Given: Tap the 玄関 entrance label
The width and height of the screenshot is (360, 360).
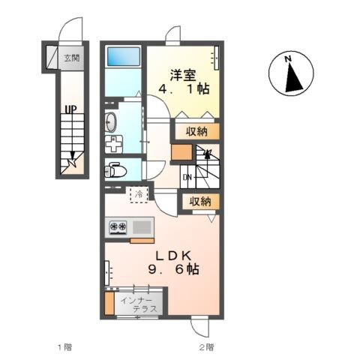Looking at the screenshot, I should tap(71, 57).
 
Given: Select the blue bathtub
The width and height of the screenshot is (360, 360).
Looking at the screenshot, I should tap(124, 57).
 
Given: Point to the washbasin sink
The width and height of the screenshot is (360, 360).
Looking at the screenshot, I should tap(111, 121).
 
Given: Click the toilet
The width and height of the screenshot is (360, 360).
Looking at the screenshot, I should tap(115, 168).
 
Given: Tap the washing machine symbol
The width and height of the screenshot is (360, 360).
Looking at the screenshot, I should tap(113, 144).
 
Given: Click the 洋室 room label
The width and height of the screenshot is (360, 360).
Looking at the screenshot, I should tap(182, 76).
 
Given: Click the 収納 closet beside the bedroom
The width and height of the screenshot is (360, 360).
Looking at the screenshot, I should tap(199, 131).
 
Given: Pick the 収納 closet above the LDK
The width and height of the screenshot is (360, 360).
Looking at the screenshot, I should tap(199, 201).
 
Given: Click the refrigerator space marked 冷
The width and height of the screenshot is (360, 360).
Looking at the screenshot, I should tap(139, 194).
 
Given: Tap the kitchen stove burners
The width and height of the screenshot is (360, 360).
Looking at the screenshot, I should tap(118, 226).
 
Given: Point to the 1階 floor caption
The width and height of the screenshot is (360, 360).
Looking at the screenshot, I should tap(65, 347).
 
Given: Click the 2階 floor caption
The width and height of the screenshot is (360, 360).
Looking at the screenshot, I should tap(206, 347).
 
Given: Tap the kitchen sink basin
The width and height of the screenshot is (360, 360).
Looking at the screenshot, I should tap(142, 226).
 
